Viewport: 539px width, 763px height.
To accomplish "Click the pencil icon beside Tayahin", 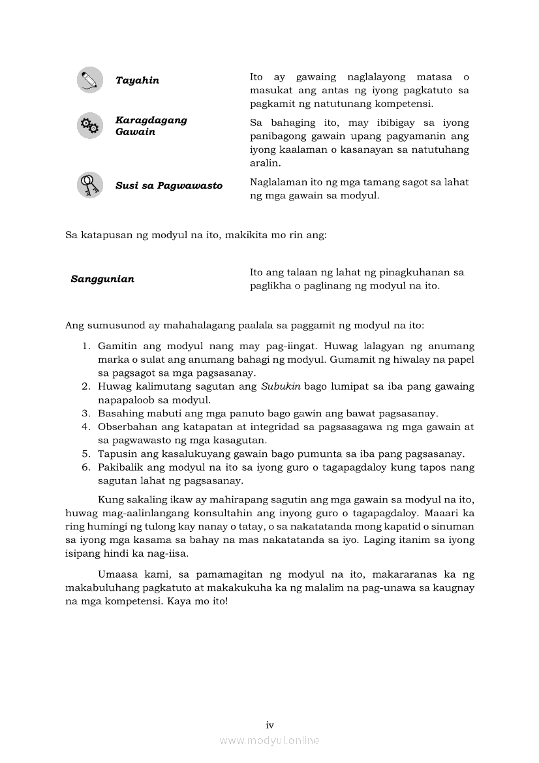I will (89, 80).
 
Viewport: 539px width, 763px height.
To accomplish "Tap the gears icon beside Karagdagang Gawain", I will (89, 125).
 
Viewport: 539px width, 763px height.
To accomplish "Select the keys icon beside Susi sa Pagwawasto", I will (89, 185).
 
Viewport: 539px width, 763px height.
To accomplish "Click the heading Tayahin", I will (137, 80).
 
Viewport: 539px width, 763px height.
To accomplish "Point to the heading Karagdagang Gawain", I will (151, 126).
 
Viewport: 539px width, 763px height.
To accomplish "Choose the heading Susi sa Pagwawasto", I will (168, 185).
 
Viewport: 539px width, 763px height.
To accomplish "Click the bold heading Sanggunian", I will (102, 279).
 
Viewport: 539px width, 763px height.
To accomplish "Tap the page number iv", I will (269, 725).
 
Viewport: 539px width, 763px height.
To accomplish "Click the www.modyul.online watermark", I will (269, 740).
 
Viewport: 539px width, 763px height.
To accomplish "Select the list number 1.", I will (85, 346).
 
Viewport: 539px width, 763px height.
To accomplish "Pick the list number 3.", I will (85, 413).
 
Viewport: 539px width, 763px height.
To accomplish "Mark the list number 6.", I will (85, 467).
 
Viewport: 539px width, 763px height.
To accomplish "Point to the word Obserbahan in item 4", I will (127, 427).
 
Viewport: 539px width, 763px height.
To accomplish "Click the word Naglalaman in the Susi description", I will (279, 182).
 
